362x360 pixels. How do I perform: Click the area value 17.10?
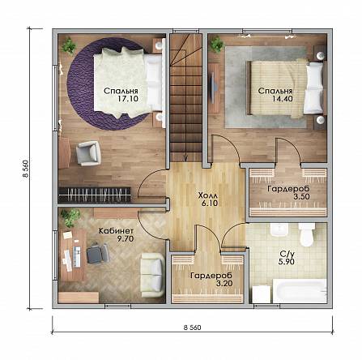coord(128,99)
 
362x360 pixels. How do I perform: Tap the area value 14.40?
coord(283,99)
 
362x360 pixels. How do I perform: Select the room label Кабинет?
coord(116,231)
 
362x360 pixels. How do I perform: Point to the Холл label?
coord(208,195)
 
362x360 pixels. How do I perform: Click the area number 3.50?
coord(301,196)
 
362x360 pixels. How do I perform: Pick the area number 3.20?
coord(224,283)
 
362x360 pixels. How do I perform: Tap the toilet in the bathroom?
coord(306,234)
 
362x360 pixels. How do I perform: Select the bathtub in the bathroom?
coord(300,291)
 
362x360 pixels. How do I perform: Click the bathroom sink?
coord(279,229)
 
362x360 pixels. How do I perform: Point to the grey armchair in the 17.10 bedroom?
coord(88,152)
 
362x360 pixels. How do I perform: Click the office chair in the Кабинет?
coord(98,253)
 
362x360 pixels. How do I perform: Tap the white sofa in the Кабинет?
coord(152,275)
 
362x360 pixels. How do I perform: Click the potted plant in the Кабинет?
coord(70,216)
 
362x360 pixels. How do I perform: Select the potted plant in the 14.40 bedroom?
coord(217,44)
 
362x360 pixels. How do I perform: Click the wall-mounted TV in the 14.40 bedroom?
coord(215,84)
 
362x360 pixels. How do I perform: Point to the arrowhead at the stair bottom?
coord(185,159)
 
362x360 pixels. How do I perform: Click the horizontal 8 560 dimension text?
coord(193,328)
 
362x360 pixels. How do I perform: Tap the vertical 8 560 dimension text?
coord(26,169)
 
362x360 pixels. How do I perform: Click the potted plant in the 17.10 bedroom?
coord(70,45)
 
